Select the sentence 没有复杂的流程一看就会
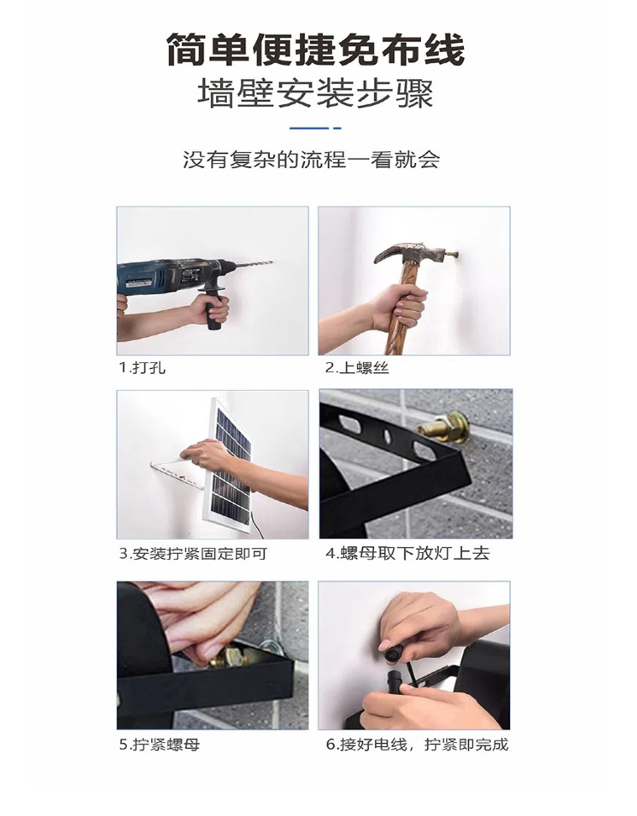point(311,160)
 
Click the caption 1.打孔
point(136,368)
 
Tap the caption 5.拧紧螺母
point(159,745)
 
